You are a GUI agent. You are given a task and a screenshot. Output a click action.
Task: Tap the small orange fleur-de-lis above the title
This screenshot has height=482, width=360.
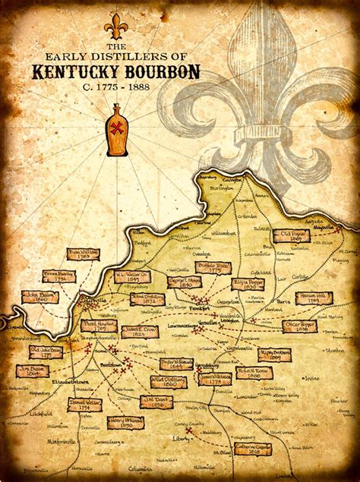click(x=116, y=26)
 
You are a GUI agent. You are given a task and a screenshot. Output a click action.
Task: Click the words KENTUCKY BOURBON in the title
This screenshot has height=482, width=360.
click(x=116, y=72)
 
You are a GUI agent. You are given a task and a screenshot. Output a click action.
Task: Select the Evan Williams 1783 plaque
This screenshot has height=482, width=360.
click(x=84, y=254)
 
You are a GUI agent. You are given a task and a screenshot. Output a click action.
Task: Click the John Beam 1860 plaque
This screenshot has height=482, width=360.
click(x=39, y=297)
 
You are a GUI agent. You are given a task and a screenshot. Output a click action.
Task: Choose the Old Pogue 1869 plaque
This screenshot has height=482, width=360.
click(x=291, y=236)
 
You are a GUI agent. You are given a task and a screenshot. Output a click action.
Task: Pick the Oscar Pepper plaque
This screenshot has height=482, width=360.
click(x=300, y=326)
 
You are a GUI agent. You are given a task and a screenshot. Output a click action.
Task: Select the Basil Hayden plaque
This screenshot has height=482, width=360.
click(x=98, y=325)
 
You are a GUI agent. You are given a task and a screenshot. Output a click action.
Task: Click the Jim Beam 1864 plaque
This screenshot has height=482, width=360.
click(x=32, y=370)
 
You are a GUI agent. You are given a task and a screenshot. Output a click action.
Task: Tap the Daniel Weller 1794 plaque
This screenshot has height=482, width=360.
click(x=84, y=405)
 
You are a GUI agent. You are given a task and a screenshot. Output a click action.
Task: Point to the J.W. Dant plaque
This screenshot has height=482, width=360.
click(x=156, y=402)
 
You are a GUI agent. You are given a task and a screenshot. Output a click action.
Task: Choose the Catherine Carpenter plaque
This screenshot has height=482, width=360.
click(x=251, y=449)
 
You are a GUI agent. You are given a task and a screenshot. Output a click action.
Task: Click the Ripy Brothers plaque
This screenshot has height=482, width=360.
click(x=275, y=354)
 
